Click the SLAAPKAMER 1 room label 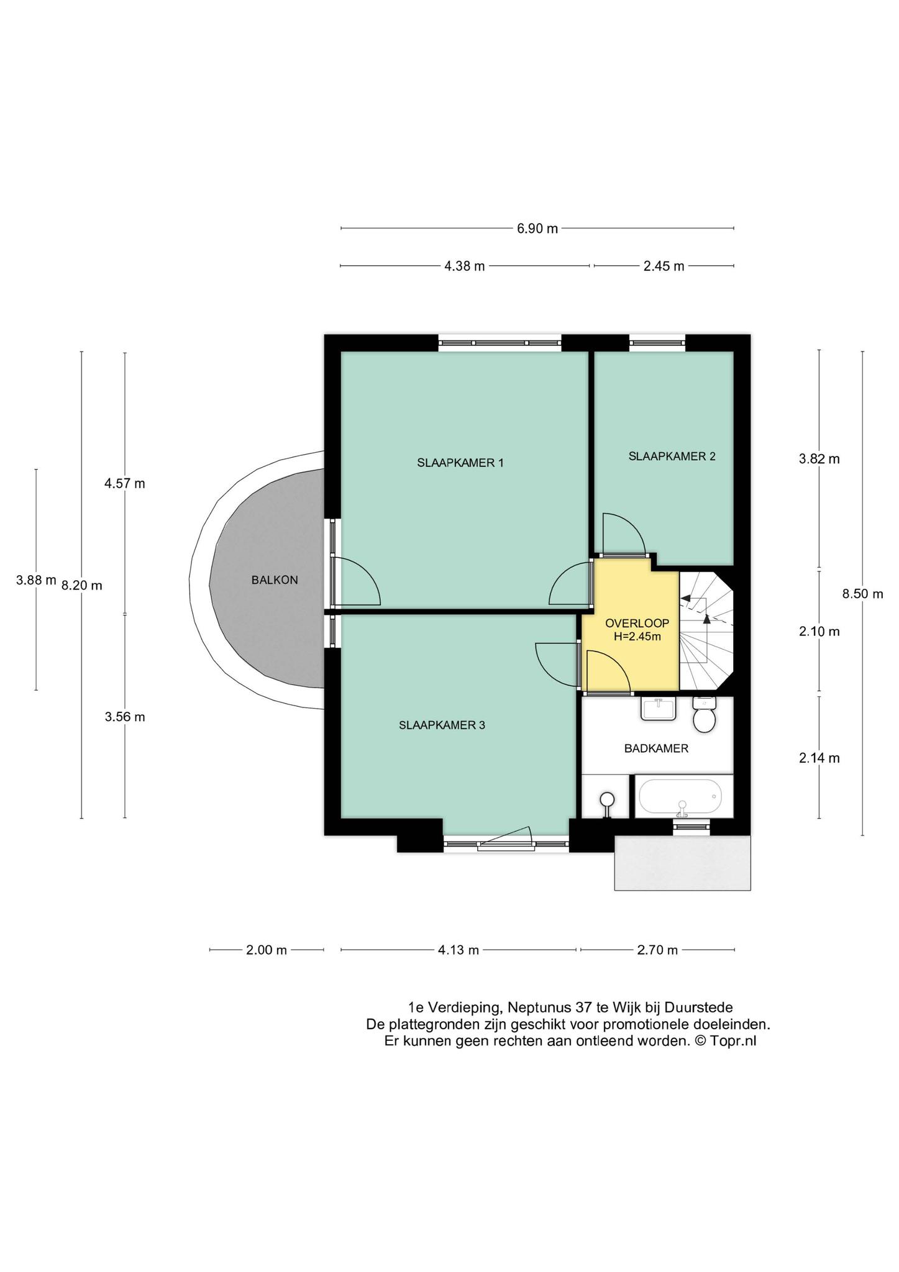[x=460, y=463]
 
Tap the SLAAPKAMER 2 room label [x=672, y=456]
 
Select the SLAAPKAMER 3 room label [x=442, y=725]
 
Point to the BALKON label [x=275, y=580]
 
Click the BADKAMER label [x=656, y=748]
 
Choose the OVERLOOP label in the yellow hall [x=637, y=624]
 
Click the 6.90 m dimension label [x=537, y=229]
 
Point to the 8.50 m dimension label [x=862, y=594]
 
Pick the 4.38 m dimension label [x=464, y=266]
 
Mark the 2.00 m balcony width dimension [x=267, y=950]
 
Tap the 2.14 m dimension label [x=819, y=758]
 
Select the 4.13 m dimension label [x=459, y=950]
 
